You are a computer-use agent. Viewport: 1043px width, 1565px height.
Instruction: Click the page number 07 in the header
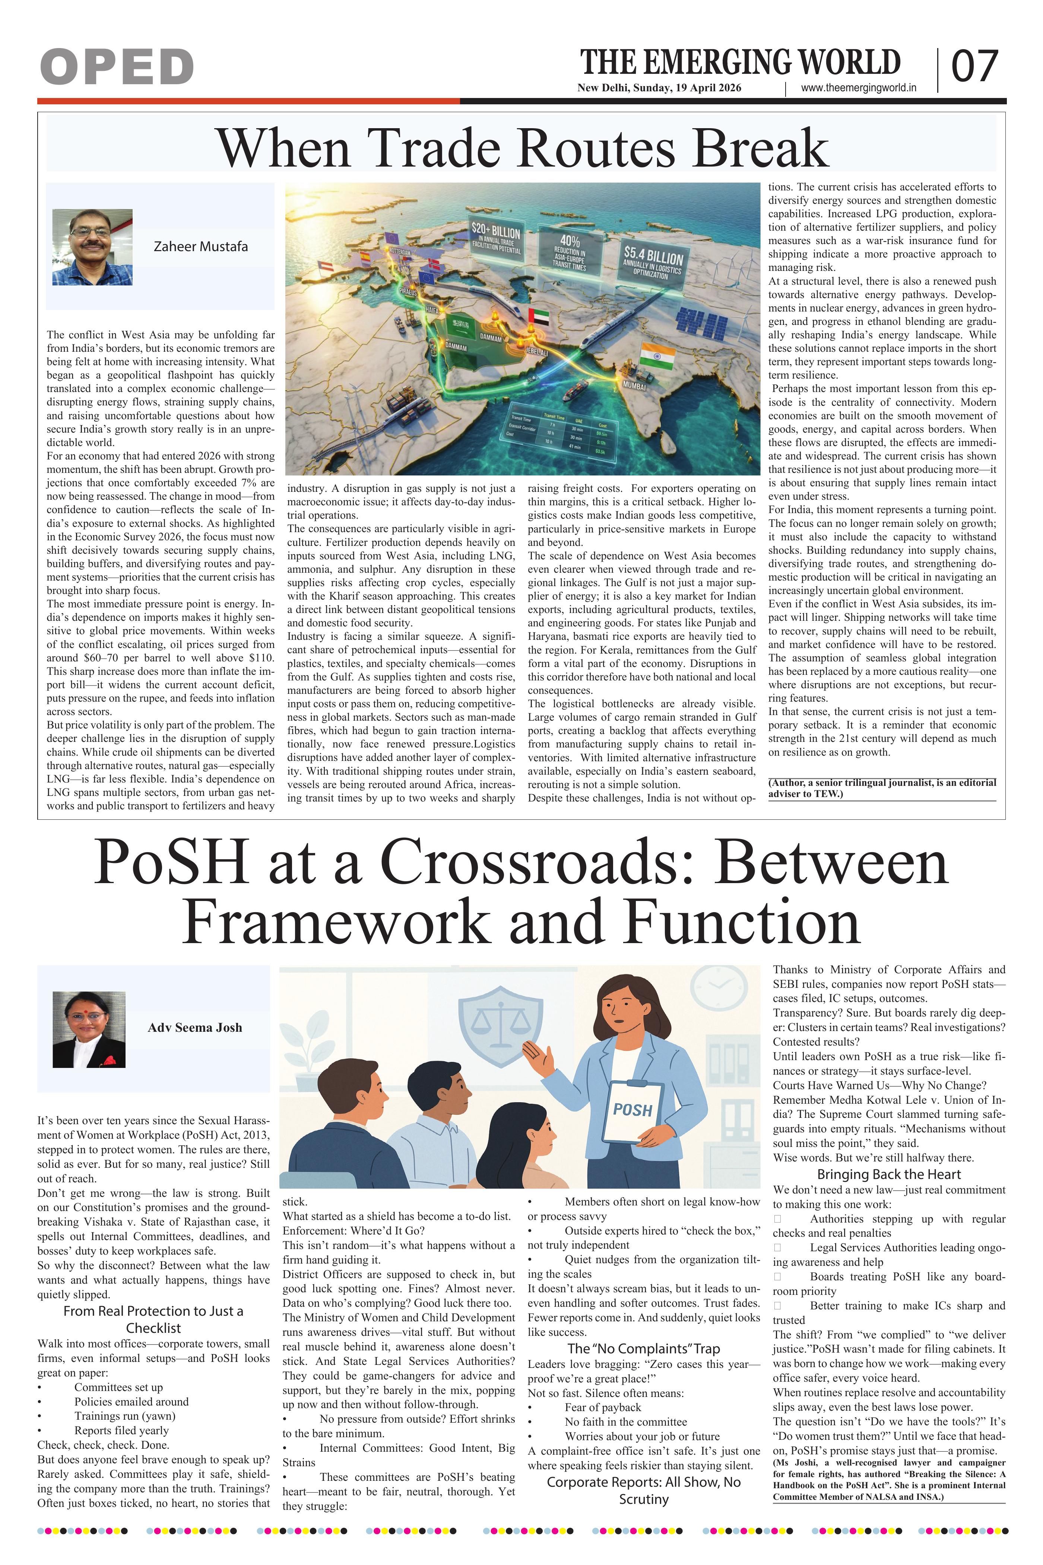(974, 67)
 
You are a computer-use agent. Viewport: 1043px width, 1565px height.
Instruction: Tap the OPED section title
(117, 67)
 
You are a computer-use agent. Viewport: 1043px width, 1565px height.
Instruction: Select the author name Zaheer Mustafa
(200, 246)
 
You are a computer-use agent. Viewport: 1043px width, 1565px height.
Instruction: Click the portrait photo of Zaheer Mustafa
(92, 247)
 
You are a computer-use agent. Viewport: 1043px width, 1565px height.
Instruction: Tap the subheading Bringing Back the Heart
(889, 1174)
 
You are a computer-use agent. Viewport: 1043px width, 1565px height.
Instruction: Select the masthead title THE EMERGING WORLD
(741, 63)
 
